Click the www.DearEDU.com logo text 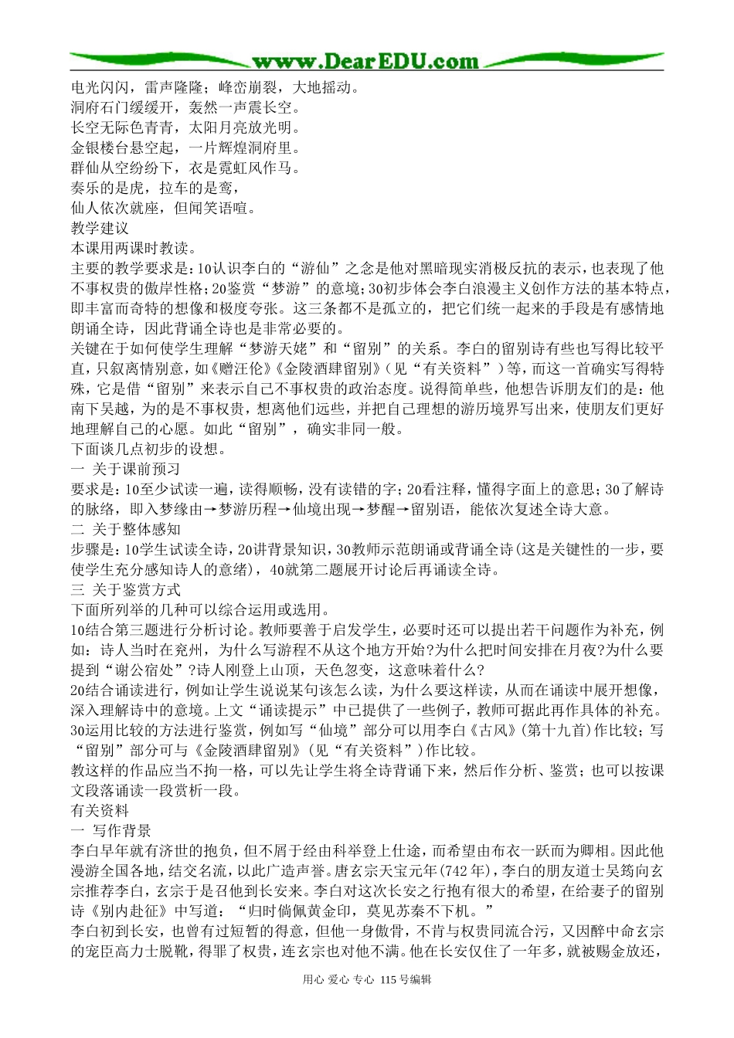(365, 61)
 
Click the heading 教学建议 (100, 228)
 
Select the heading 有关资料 (100, 811)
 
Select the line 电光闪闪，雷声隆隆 (135, 87)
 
